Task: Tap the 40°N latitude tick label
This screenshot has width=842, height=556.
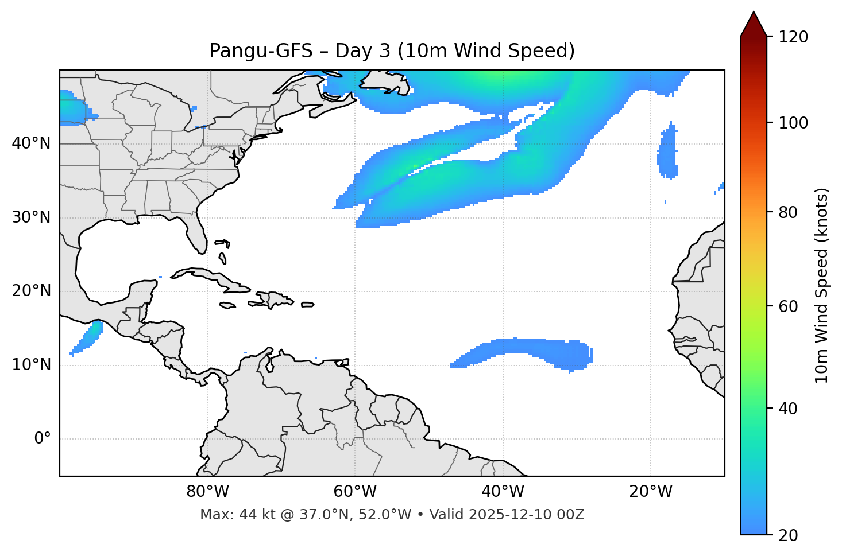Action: pos(31,143)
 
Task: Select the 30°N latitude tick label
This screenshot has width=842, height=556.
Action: pos(31,217)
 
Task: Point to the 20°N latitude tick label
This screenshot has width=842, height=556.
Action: pos(31,291)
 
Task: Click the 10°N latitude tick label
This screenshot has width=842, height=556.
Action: pos(31,365)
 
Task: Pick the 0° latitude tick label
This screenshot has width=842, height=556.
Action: pos(43,439)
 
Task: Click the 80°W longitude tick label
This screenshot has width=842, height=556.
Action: pos(207,492)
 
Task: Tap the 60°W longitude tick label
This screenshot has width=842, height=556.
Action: pos(355,492)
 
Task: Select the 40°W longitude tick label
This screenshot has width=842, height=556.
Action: pos(503,492)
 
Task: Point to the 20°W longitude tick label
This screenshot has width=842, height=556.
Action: pos(650,492)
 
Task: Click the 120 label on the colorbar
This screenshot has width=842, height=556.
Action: pos(794,37)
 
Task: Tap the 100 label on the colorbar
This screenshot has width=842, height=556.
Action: pos(794,123)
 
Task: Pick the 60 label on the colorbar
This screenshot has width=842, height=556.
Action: pos(790,306)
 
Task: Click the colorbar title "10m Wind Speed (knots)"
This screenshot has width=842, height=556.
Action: pos(822,285)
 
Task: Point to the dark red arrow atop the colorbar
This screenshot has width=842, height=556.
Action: pos(754,24)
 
